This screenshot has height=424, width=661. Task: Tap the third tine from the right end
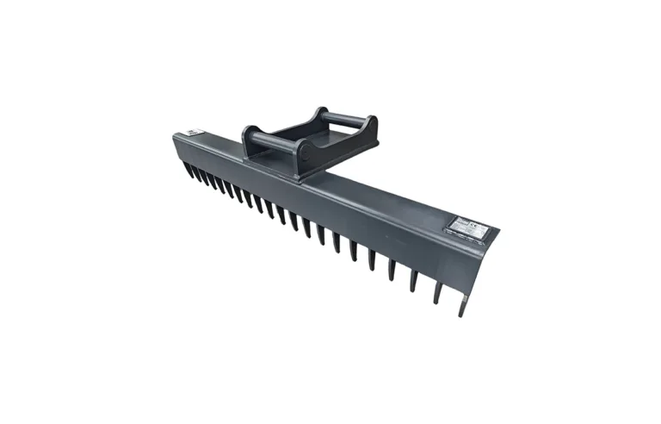tap(414, 275)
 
